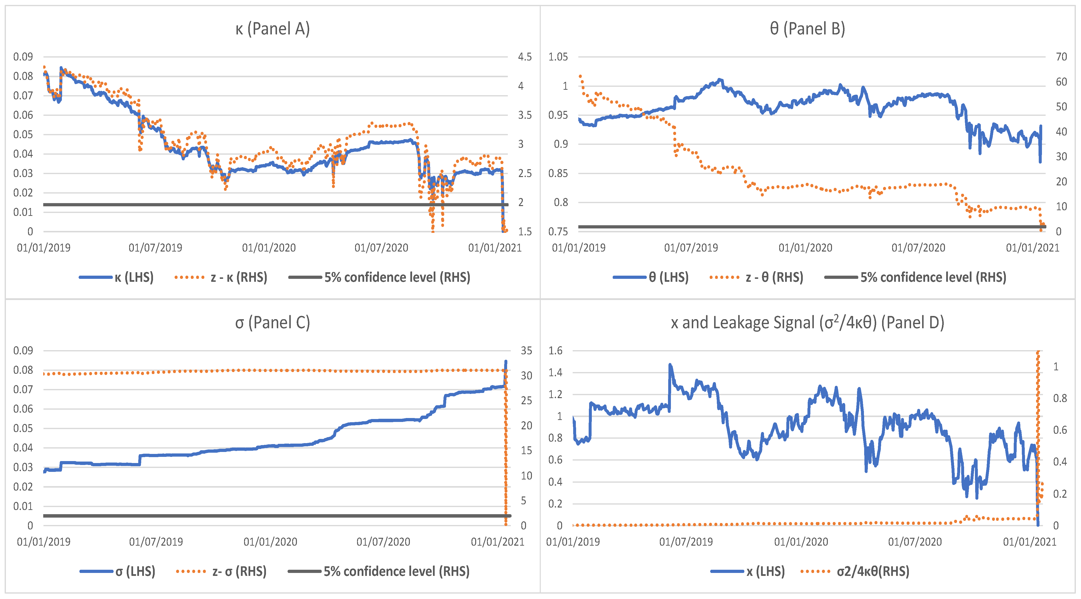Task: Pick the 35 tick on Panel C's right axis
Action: pyautogui.click(x=526, y=350)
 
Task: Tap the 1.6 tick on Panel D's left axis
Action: pyautogui.click(x=555, y=350)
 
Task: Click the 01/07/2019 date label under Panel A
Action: pyautogui.click(x=155, y=248)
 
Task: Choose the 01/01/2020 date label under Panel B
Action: pyautogui.click(x=805, y=248)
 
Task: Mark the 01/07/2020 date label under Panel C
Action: pyautogui.click(x=383, y=542)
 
